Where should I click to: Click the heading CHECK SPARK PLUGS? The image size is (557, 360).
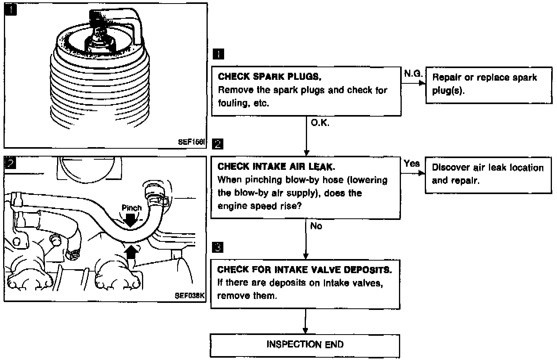point(270,76)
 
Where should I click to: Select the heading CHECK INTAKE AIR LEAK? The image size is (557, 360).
point(276,167)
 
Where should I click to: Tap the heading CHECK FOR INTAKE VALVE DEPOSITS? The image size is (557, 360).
point(304,270)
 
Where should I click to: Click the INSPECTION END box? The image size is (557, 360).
point(305,345)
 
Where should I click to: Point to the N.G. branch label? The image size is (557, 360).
point(413,73)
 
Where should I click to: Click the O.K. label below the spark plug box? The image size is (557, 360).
point(320,123)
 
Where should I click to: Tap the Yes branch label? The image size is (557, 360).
point(411,164)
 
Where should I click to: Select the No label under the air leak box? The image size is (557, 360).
point(316,226)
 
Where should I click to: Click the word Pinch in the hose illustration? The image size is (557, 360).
point(131,208)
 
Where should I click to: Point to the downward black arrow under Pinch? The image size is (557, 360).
point(132,220)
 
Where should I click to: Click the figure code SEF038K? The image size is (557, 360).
point(190,295)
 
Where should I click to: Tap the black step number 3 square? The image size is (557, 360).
point(218,247)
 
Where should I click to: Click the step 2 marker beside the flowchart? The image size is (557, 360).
point(217,144)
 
